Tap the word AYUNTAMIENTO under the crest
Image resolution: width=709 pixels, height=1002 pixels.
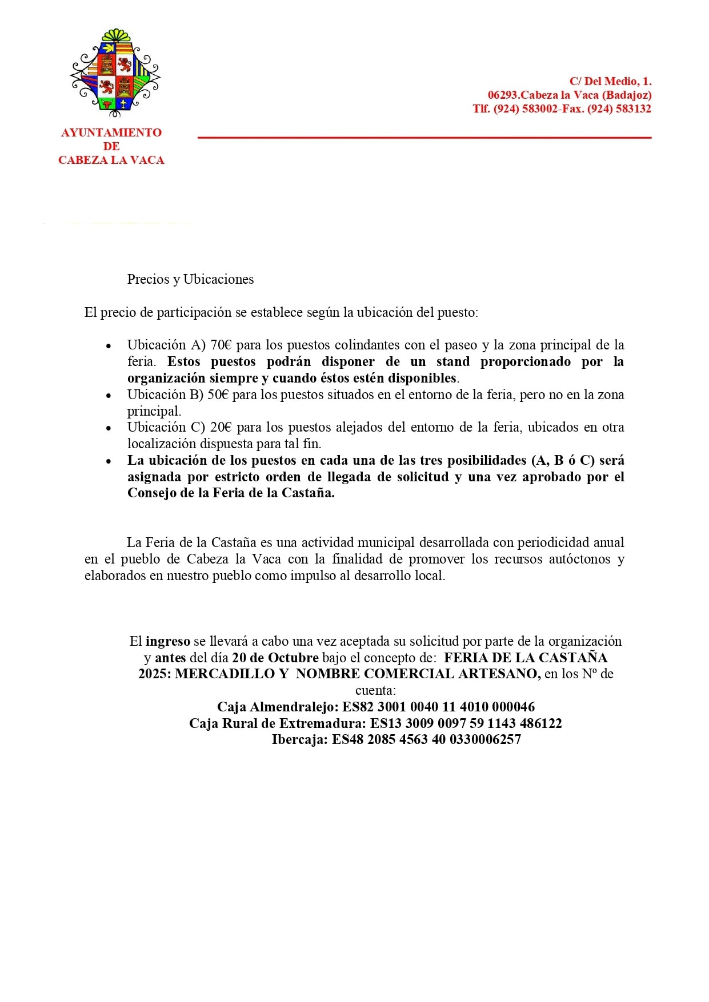click(111, 132)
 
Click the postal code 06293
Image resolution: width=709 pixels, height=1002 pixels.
click(502, 95)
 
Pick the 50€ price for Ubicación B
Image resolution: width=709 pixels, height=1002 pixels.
click(218, 395)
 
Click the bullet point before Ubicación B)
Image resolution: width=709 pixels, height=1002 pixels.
click(109, 395)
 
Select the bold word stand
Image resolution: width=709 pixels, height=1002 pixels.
click(452, 361)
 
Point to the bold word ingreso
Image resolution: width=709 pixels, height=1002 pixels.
click(167, 641)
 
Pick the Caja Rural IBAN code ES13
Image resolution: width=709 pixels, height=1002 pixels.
click(386, 723)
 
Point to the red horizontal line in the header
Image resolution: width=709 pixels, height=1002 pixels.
click(424, 138)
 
